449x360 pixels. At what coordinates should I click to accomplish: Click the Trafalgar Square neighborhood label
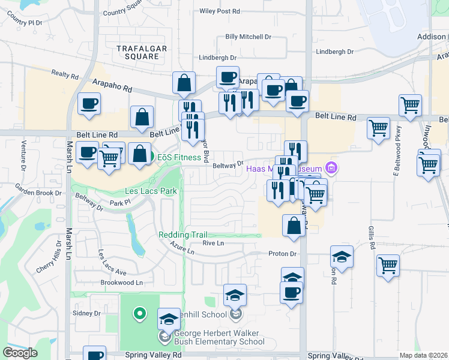pyautogui.click(x=138, y=52)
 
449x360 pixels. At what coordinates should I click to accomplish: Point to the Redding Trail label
pyautogui.click(x=182, y=235)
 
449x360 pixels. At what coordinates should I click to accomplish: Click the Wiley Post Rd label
pyautogui.click(x=220, y=11)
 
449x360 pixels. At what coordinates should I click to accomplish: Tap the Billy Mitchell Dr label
pyautogui.click(x=248, y=37)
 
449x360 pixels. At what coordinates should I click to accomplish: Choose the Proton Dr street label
pyautogui.click(x=283, y=254)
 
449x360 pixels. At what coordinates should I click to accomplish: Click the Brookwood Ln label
pyautogui.click(x=123, y=282)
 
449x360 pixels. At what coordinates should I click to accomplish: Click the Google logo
pyautogui.click(x=20, y=353)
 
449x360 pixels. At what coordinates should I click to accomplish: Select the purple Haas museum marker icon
pyautogui.click(x=330, y=167)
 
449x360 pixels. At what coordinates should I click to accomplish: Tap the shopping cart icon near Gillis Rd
pyautogui.click(x=388, y=265)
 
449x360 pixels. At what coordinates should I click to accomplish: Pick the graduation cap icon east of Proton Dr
pyautogui.click(x=342, y=257)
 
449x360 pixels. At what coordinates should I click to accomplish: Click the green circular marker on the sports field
pyautogui.click(x=140, y=313)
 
